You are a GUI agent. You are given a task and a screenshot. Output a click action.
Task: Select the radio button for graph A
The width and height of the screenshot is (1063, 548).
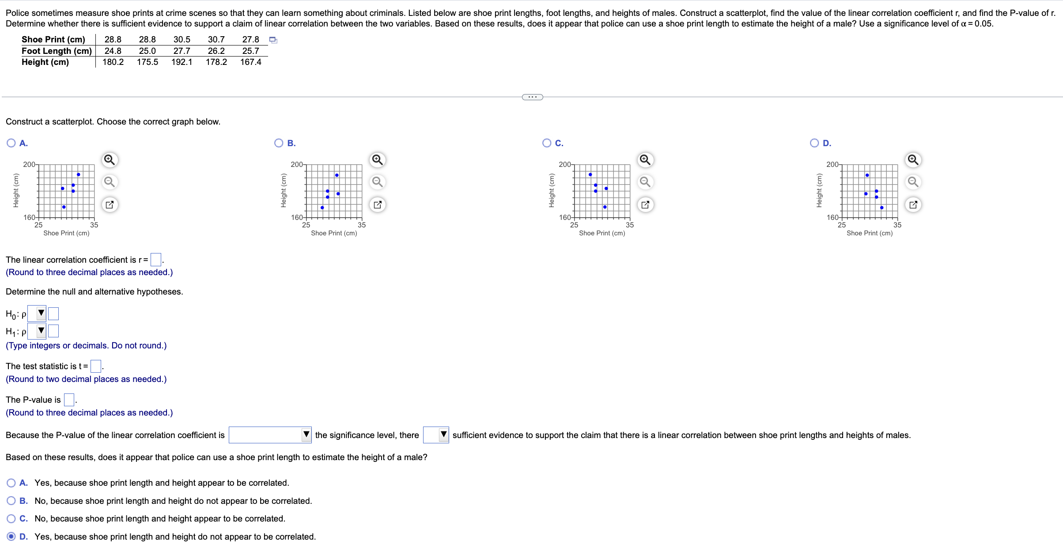(11, 143)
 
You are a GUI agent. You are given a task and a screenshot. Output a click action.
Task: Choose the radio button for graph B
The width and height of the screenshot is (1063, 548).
(279, 143)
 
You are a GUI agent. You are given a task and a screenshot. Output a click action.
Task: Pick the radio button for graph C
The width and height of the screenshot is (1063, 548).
(547, 143)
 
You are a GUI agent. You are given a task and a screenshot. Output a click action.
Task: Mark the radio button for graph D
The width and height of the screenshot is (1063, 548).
(814, 143)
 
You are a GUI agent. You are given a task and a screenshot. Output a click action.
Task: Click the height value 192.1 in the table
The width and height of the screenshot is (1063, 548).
(182, 62)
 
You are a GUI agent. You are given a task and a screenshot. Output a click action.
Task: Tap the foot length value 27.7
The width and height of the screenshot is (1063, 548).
(182, 51)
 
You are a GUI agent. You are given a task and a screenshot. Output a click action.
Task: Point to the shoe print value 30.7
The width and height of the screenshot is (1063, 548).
(216, 40)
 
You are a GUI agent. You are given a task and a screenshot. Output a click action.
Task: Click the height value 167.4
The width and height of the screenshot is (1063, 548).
(250, 62)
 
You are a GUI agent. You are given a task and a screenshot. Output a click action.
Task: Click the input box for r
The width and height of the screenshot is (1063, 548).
(156, 260)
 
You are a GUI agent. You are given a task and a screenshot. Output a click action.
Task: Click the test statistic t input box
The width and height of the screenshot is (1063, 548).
(95, 366)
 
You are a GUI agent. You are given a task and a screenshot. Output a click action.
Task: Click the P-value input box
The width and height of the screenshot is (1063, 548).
(69, 400)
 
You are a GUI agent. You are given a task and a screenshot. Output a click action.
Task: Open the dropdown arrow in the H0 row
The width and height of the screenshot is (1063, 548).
(41, 314)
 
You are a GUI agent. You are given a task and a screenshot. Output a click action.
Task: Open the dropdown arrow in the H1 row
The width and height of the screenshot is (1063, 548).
(41, 330)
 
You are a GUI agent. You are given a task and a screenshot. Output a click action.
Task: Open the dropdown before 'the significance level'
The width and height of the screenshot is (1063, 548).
(306, 435)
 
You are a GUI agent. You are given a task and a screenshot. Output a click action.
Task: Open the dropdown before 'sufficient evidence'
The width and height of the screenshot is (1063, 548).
(443, 435)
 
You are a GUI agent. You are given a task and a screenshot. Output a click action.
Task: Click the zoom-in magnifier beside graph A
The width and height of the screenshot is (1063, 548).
(110, 159)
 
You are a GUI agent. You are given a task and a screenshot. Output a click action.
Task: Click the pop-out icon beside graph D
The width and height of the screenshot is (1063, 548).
(913, 204)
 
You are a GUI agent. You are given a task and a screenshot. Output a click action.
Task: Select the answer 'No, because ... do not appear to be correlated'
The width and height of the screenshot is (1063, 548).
(11, 501)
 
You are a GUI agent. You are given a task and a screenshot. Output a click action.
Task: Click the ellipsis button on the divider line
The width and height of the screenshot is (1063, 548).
(532, 97)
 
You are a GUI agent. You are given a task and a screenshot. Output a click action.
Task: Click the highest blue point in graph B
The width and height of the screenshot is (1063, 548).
(337, 175)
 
